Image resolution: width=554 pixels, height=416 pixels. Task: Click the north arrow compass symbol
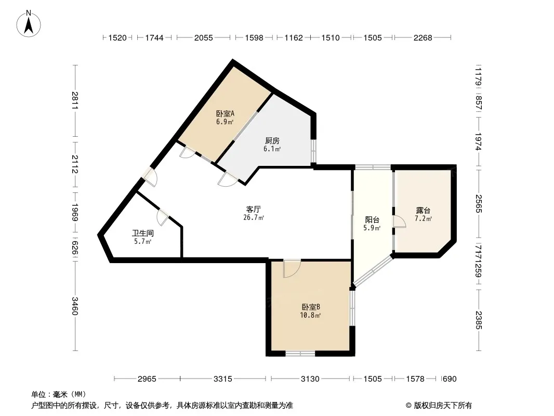[x=29, y=23]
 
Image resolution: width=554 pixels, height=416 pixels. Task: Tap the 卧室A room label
[x=225, y=114]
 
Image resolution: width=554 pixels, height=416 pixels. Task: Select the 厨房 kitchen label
[x=272, y=141]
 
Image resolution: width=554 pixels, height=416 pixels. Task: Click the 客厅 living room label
[x=253, y=209]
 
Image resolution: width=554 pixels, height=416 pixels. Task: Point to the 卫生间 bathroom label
[x=143, y=233]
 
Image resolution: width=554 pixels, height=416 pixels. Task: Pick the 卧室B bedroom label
[x=311, y=307]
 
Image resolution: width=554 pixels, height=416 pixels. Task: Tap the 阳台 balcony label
[x=372, y=220]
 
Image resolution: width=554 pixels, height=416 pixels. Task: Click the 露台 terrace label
[x=423, y=211]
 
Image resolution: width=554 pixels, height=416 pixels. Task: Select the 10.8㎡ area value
[x=310, y=315]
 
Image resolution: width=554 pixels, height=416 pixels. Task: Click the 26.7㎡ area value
[x=253, y=218]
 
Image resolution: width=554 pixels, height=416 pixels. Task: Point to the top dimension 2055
[x=204, y=38]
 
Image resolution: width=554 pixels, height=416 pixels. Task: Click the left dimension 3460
[x=75, y=306]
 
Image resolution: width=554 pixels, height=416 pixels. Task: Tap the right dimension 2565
[x=479, y=204]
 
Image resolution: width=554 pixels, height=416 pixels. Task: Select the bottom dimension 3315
[x=223, y=379]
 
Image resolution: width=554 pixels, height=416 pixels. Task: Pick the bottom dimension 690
[x=450, y=379]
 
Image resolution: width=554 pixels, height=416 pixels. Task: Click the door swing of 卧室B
[x=292, y=269]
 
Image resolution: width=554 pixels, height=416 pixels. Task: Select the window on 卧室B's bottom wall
[x=300, y=353]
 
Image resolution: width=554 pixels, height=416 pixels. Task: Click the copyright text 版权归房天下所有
[x=443, y=406]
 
